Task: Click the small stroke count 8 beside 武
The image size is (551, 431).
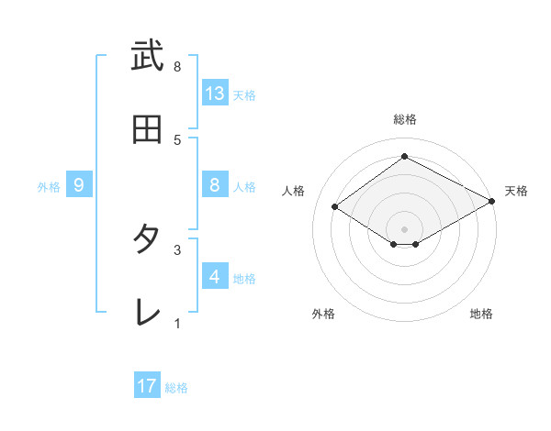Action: pos(177,67)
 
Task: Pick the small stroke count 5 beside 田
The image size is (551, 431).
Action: pos(177,139)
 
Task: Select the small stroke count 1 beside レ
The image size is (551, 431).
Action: pos(177,322)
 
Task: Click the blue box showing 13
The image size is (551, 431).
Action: pos(215,93)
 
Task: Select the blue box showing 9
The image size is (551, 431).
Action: pos(79,185)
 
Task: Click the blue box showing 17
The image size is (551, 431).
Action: pos(147,386)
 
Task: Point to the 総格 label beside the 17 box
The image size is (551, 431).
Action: pos(176,388)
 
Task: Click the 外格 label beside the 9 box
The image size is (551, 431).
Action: pos(49,187)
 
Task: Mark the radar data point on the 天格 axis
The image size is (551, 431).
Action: pos(493,202)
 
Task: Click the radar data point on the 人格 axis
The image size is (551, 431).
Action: pos(335,207)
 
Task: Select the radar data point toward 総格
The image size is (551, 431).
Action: pos(404,157)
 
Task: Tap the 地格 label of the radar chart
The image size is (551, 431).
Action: pos(481,315)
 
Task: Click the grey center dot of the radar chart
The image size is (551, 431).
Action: pos(404,228)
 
